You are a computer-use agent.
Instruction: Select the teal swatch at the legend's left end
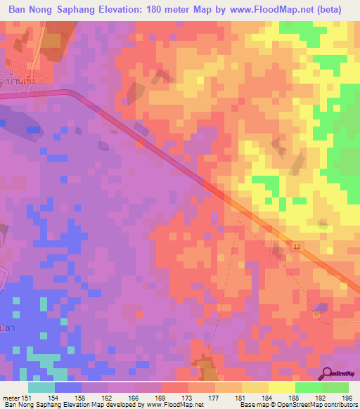point(41,387)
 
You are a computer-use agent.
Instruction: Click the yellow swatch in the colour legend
point(281,387)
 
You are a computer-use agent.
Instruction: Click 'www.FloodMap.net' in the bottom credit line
point(175,404)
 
